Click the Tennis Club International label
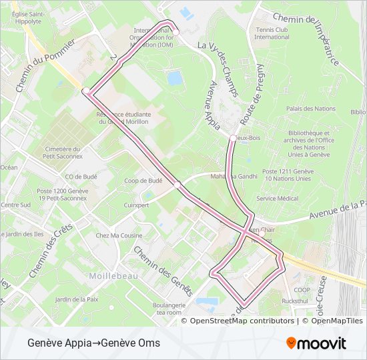[x=272, y=33]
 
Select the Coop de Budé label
[x=143, y=181]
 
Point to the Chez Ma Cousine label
[x=119, y=235]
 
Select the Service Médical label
[x=277, y=198]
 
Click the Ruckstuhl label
[x=295, y=301]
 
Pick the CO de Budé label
[x=82, y=177]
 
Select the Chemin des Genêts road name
[x=163, y=271]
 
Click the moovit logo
[x=316, y=343]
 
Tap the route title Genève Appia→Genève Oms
[x=94, y=343]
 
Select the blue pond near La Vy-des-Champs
[x=175, y=79]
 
